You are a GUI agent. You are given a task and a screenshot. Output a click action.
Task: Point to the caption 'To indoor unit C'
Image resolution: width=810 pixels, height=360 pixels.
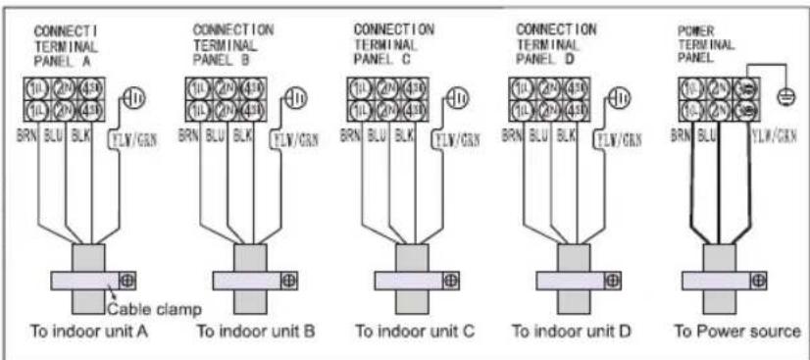[414, 331]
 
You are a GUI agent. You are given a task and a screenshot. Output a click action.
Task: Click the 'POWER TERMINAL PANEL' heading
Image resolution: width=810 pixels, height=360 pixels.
[700, 44]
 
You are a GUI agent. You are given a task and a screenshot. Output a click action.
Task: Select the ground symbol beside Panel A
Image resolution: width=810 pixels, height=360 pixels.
[132, 99]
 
